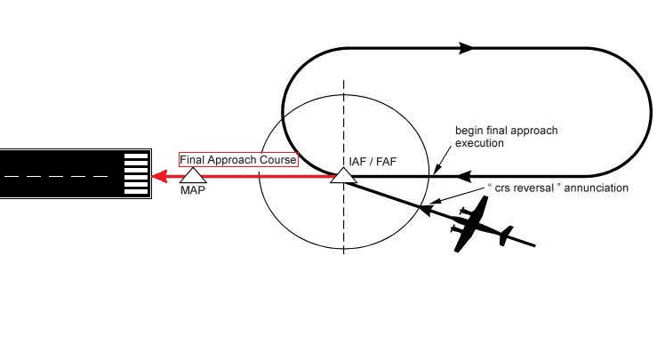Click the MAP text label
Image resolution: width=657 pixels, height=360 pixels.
192,190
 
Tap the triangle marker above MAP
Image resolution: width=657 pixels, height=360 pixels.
193,176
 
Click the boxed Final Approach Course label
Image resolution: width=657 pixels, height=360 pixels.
238,160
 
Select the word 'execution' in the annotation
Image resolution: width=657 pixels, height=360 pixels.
479,142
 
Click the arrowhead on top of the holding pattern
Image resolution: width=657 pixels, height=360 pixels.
466,48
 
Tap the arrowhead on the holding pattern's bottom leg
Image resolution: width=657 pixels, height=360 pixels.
442,176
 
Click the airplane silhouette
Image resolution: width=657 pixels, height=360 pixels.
477,228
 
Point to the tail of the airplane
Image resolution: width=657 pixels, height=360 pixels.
506,236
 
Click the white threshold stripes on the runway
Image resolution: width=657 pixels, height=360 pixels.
135,174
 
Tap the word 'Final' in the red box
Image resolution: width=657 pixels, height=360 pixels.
192,160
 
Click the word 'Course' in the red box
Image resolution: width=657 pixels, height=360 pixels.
279,160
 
